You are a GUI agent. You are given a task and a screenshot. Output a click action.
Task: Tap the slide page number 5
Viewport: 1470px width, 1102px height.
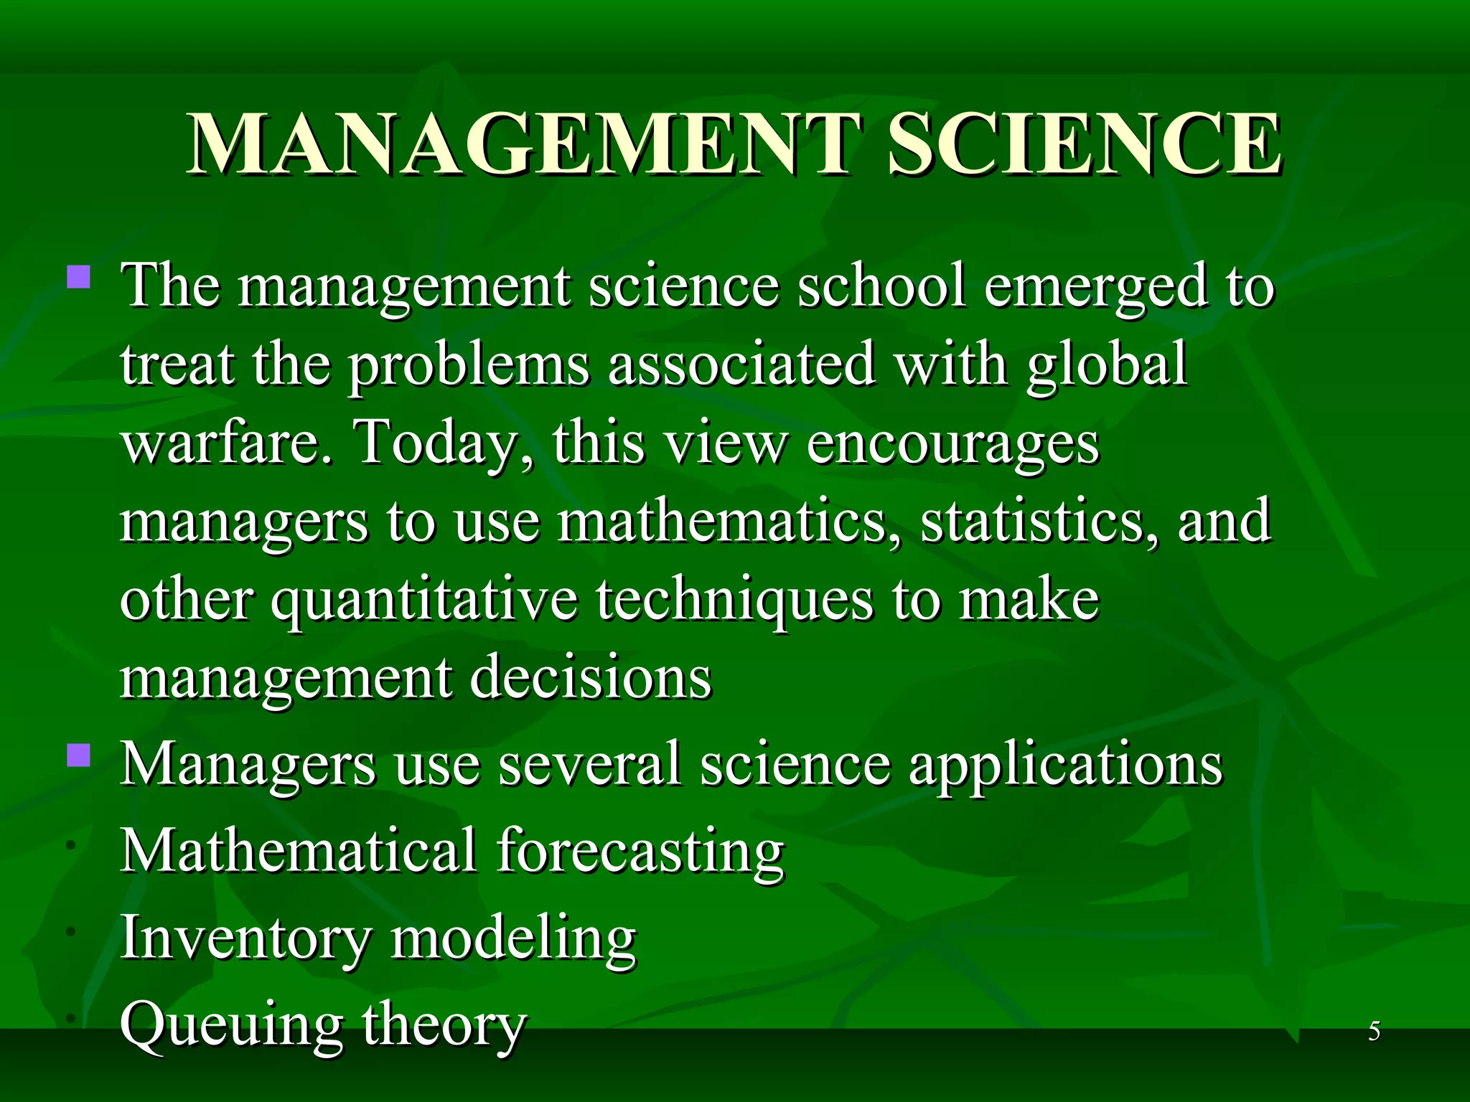pos(1374,1032)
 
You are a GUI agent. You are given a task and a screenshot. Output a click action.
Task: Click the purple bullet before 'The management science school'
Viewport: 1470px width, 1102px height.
pos(79,276)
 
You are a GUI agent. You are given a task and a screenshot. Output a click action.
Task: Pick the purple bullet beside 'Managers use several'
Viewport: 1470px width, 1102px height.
pos(79,755)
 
